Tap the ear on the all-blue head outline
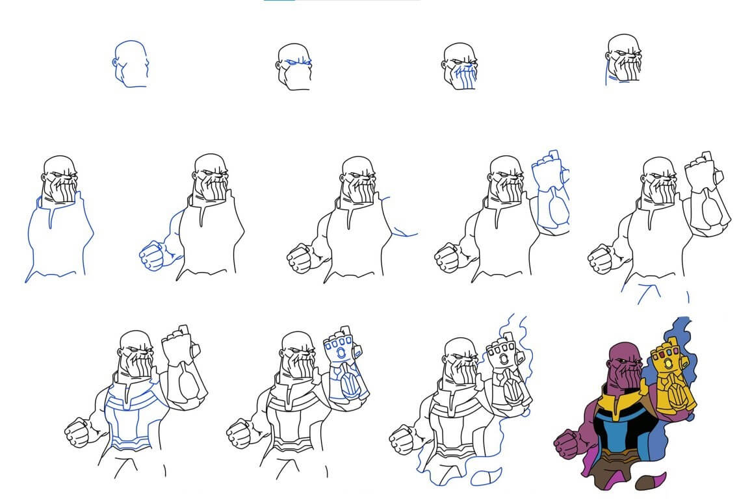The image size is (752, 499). click(116, 64)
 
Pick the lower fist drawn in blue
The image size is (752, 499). click(151, 254)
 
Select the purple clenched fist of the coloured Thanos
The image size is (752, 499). click(567, 444)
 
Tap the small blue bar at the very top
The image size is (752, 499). click(279, 1)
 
